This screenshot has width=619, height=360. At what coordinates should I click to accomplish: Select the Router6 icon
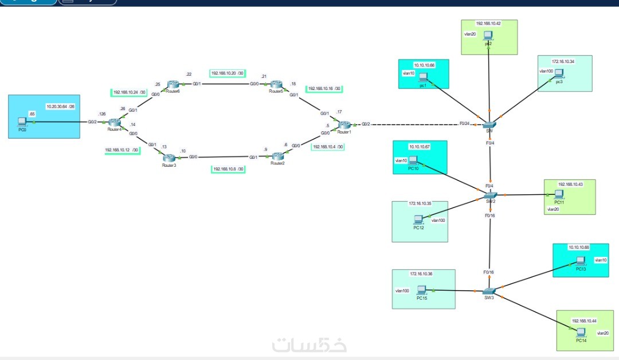pos(174,85)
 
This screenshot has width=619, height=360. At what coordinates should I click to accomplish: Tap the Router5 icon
pos(277,85)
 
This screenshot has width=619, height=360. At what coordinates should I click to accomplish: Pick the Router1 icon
pos(344,125)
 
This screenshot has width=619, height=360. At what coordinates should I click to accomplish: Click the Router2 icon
pos(277,156)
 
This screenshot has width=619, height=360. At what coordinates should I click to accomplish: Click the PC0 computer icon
pos(22,122)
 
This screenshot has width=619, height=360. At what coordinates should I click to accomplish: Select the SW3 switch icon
pos(488,291)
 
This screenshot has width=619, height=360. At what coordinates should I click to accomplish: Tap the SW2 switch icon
pos(489,195)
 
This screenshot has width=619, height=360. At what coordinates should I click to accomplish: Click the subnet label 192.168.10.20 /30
pos(228,73)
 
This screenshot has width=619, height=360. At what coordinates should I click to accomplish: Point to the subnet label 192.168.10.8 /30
pos(229,169)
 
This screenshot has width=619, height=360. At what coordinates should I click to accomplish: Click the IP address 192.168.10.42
pos(488,24)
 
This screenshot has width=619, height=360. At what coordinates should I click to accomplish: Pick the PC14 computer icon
pos(581,332)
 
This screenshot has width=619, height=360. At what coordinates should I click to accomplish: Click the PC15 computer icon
pos(422,291)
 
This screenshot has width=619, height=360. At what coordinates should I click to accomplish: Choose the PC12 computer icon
pos(418,219)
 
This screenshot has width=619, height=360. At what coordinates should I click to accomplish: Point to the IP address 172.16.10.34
pos(563,61)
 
